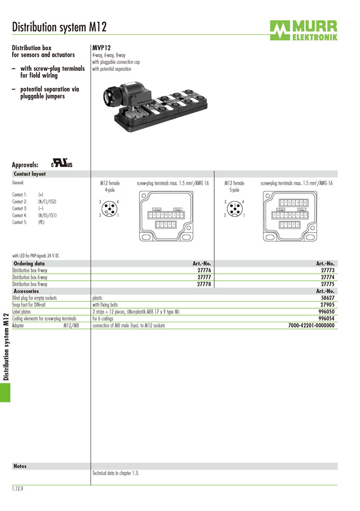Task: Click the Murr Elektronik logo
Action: coord(303,31)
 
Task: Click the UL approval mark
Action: coord(62,163)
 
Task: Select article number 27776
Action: coord(204,270)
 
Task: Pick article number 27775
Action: coord(327,284)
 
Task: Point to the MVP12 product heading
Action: coord(101,48)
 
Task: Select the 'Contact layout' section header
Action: coord(29,174)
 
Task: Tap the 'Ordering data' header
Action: coord(29,263)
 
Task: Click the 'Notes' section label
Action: coord(20,466)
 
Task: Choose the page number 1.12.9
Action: coord(17,489)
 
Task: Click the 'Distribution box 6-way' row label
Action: coord(30,277)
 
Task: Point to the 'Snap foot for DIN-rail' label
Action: coord(32,305)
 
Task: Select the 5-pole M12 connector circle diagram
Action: coord(235,208)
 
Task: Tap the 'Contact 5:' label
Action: coord(20,223)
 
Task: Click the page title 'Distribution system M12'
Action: coord(59,27)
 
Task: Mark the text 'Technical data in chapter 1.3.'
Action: coord(116,473)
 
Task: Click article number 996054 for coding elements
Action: coord(326,318)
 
